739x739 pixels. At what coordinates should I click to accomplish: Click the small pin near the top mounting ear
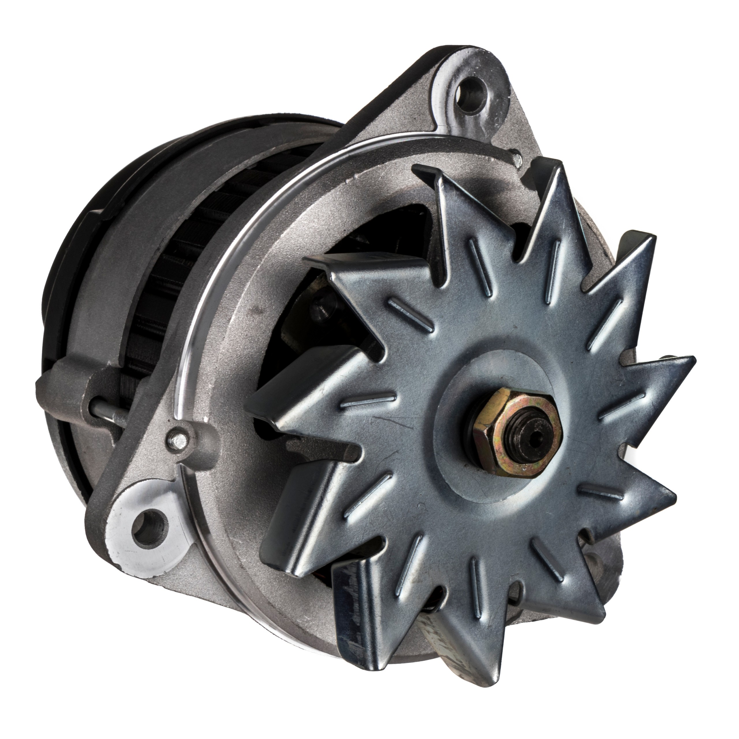click(x=517, y=157)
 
